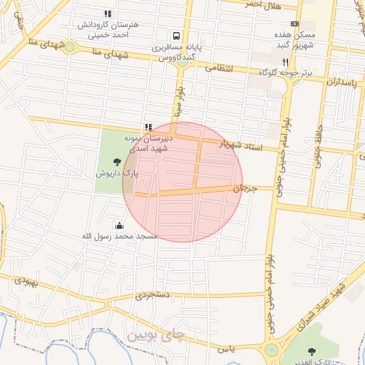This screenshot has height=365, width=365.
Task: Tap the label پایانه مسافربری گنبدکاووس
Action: point(175,52)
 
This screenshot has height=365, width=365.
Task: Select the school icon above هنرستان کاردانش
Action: point(108,14)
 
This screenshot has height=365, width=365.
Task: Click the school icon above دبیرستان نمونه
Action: point(148,127)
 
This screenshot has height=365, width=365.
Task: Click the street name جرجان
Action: point(244,188)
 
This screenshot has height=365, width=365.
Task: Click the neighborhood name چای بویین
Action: point(155,334)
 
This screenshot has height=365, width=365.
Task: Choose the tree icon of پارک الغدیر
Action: point(311,350)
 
